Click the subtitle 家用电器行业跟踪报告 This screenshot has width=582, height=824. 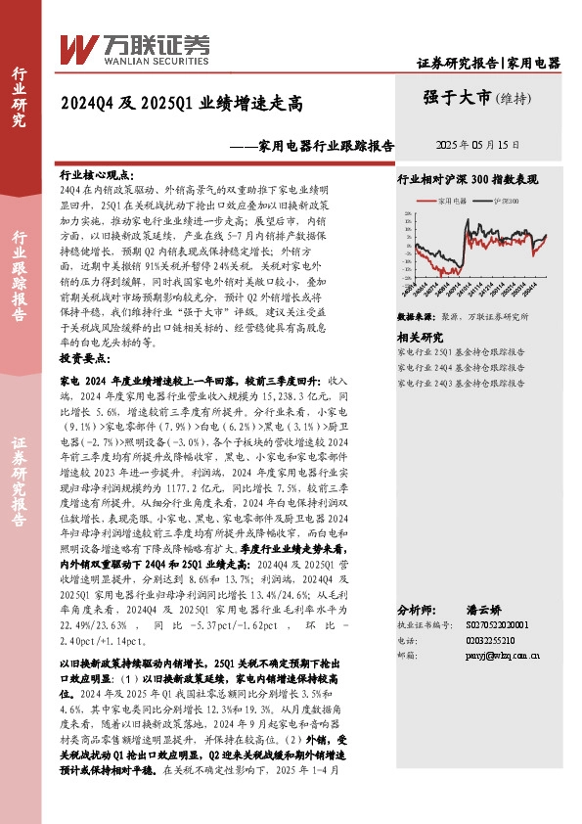326,145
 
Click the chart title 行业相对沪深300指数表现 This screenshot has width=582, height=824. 470,181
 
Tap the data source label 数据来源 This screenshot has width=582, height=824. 415,317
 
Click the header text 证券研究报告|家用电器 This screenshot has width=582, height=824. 488,63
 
